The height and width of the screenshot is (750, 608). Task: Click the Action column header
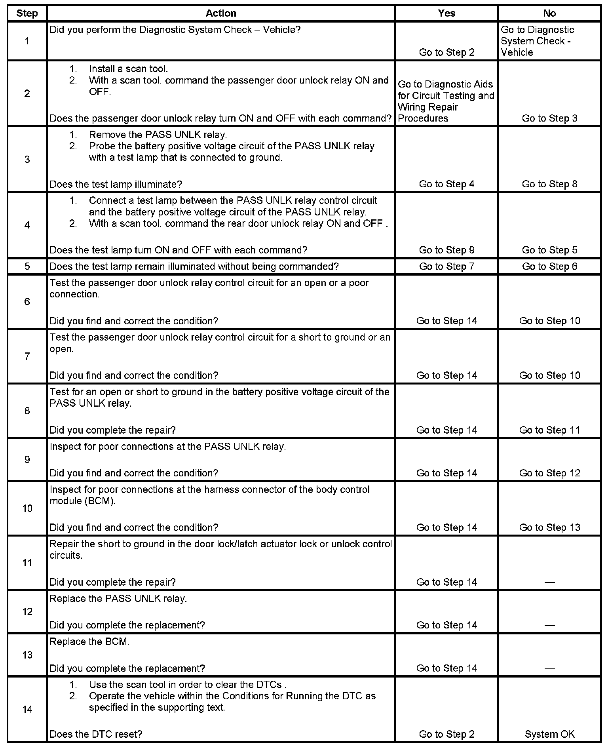(x=221, y=13)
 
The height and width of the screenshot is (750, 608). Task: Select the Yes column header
(x=446, y=13)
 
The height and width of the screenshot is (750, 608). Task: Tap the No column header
(x=549, y=13)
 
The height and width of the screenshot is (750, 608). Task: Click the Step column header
(x=27, y=13)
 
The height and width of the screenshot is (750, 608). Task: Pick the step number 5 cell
(x=27, y=266)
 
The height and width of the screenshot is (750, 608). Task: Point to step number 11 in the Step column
(x=27, y=563)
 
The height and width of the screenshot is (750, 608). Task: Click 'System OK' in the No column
(x=549, y=734)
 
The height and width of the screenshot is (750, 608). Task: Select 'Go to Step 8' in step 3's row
(x=549, y=184)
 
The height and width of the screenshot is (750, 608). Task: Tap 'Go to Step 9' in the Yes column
(x=446, y=250)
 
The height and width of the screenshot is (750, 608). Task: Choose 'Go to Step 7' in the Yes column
(x=446, y=266)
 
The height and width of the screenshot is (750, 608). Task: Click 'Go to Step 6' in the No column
(x=549, y=266)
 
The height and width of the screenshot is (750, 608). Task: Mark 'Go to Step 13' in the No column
(x=549, y=527)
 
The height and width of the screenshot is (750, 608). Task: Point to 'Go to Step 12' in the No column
(x=549, y=473)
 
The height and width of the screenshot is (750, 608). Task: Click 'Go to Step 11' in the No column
(x=549, y=430)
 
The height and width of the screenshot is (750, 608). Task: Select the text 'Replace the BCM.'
(x=89, y=642)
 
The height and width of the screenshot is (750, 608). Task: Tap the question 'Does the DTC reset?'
(x=96, y=734)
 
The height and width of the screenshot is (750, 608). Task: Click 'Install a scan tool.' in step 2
(x=128, y=69)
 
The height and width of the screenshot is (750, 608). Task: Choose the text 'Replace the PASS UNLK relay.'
(x=118, y=598)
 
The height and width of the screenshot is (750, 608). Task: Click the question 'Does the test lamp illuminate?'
(x=116, y=184)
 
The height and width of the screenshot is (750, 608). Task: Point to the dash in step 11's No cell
(x=549, y=582)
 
